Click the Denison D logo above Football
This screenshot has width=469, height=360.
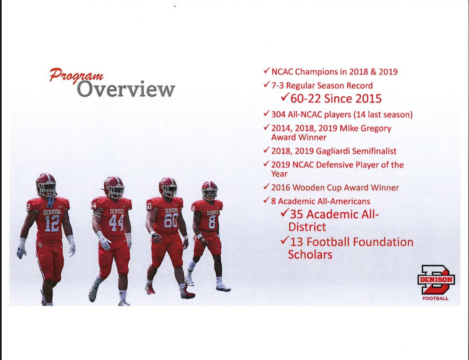tap(436, 279)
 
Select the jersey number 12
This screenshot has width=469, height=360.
tap(52, 224)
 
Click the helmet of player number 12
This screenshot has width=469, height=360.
tap(46, 185)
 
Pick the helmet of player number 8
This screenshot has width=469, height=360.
tap(210, 191)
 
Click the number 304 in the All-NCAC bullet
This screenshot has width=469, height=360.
tap(279, 114)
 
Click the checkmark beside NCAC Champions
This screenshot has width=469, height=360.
tap(267, 72)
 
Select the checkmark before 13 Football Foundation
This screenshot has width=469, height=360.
tap(284, 242)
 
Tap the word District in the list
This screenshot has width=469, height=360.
tap(307, 227)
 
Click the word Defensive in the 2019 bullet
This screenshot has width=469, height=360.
tap(331, 165)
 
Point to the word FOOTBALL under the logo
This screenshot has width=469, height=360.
tap(436, 298)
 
